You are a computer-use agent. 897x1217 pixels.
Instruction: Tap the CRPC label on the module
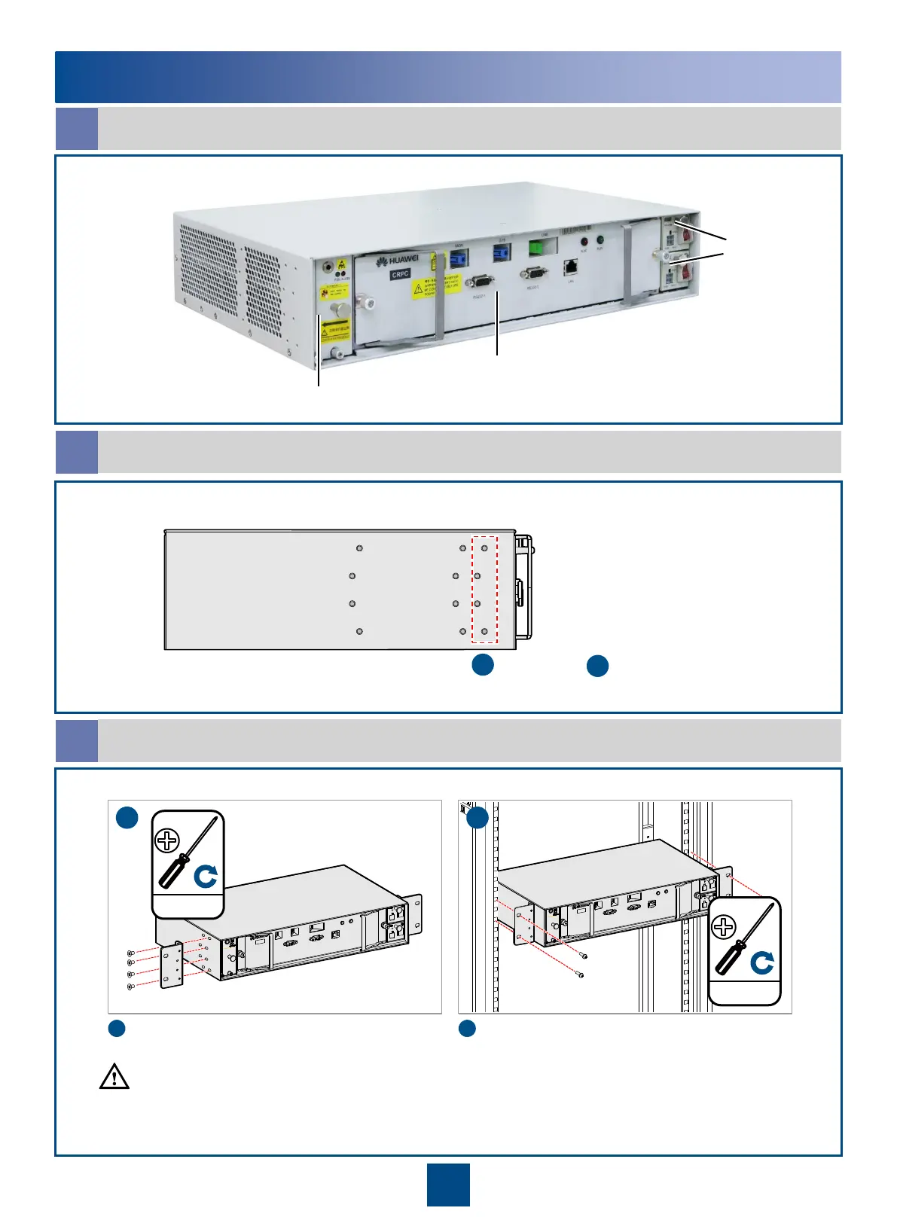[x=400, y=275]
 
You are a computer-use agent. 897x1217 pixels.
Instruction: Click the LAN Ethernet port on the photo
[x=571, y=267]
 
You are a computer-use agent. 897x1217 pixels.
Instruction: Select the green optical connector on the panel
[x=537, y=248]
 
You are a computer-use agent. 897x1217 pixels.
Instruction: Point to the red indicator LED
[x=584, y=242]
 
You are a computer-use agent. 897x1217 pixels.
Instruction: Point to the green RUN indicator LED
[x=600, y=240]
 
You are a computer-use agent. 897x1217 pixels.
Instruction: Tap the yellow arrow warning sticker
[x=335, y=330]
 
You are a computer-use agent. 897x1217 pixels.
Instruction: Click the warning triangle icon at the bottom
[x=114, y=1077]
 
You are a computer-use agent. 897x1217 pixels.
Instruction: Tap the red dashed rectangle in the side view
[x=484, y=589]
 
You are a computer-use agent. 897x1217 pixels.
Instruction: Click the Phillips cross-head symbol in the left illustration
[x=166, y=840]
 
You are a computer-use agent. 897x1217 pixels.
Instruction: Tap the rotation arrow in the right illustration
[x=763, y=962]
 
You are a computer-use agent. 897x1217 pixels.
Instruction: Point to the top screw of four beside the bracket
[x=131, y=953]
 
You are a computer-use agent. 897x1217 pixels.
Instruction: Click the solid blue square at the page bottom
[x=448, y=1185]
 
